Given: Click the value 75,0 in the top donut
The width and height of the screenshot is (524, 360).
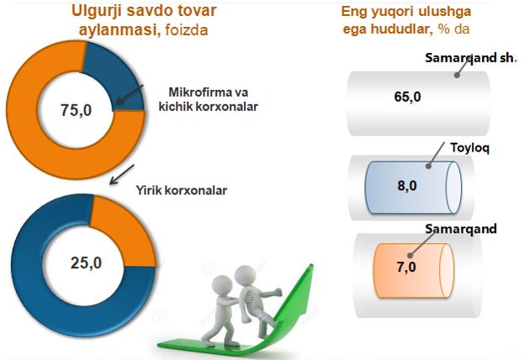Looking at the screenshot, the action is pyautogui.click(x=77, y=110).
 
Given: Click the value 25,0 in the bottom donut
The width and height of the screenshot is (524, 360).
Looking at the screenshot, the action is pyautogui.click(x=87, y=263).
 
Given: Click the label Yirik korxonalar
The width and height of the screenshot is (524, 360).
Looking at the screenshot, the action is pyautogui.click(x=182, y=191).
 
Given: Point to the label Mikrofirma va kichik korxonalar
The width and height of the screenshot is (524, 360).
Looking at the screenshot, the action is pyautogui.click(x=209, y=99).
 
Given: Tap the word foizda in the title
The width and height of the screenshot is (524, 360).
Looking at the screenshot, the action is pyautogui.click(x=187, y=30).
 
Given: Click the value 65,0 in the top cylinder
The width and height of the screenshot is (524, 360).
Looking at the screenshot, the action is pyautogui.click(x=407, y=97).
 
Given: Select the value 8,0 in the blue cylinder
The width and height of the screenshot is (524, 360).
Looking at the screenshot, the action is pyautogui.click(x=407, y=185).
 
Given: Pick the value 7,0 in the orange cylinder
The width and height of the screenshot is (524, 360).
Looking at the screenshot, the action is pyautogui.click(x=406, y=267).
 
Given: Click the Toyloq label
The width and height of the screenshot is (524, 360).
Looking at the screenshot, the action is pyautogui.click(x=470, y=147).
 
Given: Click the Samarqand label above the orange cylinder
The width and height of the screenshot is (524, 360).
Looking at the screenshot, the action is pyautogui.click(x=461, y=229).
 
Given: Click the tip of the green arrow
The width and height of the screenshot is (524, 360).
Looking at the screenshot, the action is pyautogui.click(x=312, y=265).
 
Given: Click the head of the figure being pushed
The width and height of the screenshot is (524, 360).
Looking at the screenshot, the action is pyautogui.click(x=245, y=275).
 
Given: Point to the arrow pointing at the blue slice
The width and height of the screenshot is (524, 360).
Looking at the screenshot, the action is pyautogui.click(x=130, y=94).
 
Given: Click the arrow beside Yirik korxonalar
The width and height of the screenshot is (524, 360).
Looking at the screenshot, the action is pyautogui.click(x=122, y=174).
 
